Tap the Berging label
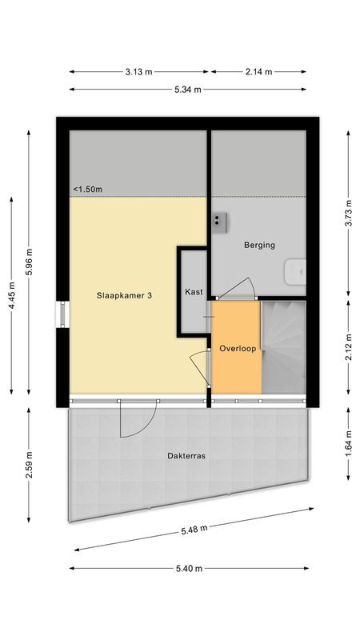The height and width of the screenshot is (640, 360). pyautogui.click(x=259, y=246)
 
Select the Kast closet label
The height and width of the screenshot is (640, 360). pyautogui.click(x=193, y=292)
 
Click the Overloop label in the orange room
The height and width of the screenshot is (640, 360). pyautogui.click(x=237, y=349)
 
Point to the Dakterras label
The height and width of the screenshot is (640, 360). pyautogui.click(x=187, y=456)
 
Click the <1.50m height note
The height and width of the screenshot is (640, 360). pyautogui.click(x=88, y=189)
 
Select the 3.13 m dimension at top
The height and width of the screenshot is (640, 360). pyautogui.click(x=138, y=72)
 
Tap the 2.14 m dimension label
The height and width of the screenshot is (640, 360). pyautogui.click(x=258, y=72)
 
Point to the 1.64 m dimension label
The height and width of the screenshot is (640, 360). pyautogui.click(x=347, y=444)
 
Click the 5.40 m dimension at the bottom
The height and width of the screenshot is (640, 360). pyautogui.click(x=187, y=569)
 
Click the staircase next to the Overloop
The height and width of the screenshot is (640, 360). pyautogui.click(x=285, y=346)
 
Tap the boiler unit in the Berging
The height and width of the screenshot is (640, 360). pyautogui.click(x=220, y=219)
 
